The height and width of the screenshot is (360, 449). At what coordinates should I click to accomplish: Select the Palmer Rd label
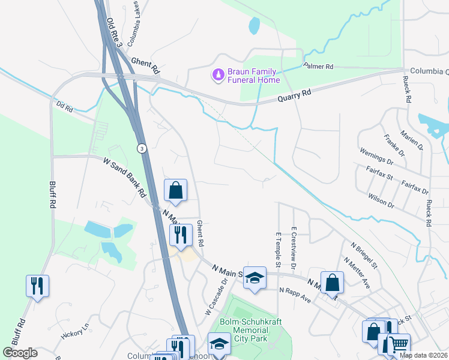tap(318, 66)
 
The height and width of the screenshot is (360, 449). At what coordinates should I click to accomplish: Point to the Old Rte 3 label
tap(115, 33)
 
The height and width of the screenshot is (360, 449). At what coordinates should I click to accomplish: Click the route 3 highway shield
tap(142, 148)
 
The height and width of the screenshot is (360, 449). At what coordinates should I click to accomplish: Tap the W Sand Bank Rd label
tap(125, 178)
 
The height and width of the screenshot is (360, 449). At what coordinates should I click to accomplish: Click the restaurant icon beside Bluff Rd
tap(37, 286)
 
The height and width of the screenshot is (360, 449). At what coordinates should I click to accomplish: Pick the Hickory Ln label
tap(74, 328)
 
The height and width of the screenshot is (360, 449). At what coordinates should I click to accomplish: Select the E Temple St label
tap(278, 250)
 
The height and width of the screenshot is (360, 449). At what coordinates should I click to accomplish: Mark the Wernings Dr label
tap(375, 158)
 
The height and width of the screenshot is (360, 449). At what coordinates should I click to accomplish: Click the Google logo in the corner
tap(20, 353)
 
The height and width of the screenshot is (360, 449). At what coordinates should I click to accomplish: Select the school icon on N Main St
tap(255, 277)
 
